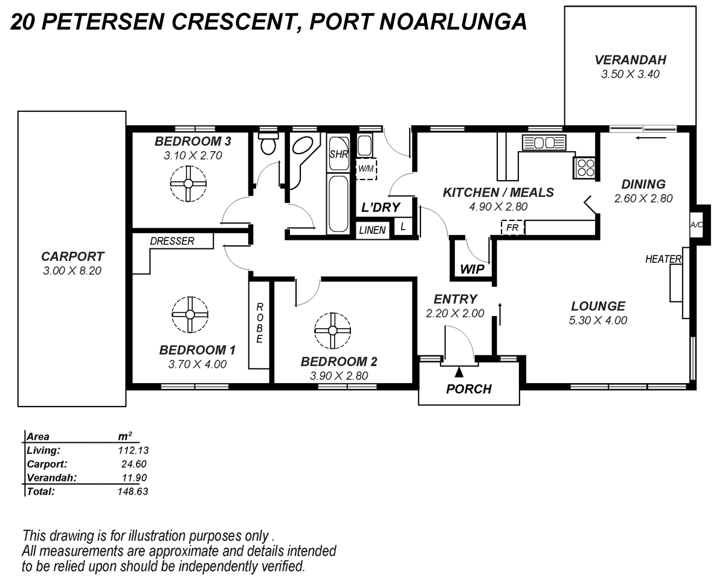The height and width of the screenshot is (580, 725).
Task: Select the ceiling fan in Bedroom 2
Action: (332, 330)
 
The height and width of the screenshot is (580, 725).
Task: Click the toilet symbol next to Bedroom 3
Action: (267, 144)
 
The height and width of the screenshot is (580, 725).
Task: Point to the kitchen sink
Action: (543, 143)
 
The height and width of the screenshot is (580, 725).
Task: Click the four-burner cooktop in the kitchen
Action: (585, 166)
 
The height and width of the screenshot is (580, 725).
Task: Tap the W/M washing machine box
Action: (366, 169)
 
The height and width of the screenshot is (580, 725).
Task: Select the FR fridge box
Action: (512, 228)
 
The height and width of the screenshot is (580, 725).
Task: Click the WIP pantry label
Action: (472, 269)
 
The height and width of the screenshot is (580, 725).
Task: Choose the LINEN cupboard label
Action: (373, 230)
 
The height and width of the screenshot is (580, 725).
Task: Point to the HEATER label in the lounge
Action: (663, 259)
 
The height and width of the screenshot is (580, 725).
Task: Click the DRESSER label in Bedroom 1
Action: (173, 241)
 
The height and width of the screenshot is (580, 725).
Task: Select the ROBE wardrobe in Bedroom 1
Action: (259, 323)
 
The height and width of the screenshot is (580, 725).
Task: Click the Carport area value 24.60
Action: (134, 464)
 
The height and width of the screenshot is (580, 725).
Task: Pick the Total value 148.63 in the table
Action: (132, 491)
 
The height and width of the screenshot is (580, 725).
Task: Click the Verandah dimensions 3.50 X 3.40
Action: (630, 75)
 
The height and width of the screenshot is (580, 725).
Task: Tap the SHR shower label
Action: (338, 154)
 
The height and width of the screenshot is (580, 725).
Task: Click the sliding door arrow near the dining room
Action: (651, 137)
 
